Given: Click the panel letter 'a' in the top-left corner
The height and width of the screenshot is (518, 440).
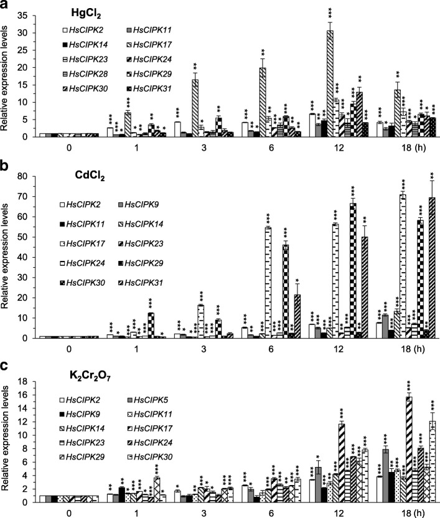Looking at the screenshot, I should tap(5, 6).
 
